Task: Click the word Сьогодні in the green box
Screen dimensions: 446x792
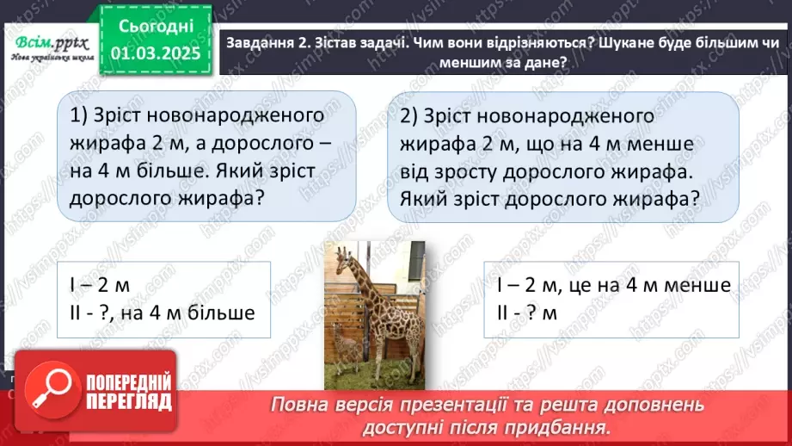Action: pyautogui.click(x=155, y=26)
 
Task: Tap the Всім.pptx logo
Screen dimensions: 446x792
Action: pyautogui.click(x=48, y=45)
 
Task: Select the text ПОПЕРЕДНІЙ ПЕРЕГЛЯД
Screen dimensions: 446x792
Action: pyautogui.click(x=126, y=393)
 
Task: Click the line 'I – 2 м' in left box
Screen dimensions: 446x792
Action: pyautogui.click(x=105, y=285)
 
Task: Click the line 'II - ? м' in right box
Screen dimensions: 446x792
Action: pyautogui.click(x=527, y=313)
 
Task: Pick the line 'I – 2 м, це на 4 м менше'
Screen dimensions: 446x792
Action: pyautogui.click(x=613, y=285)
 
